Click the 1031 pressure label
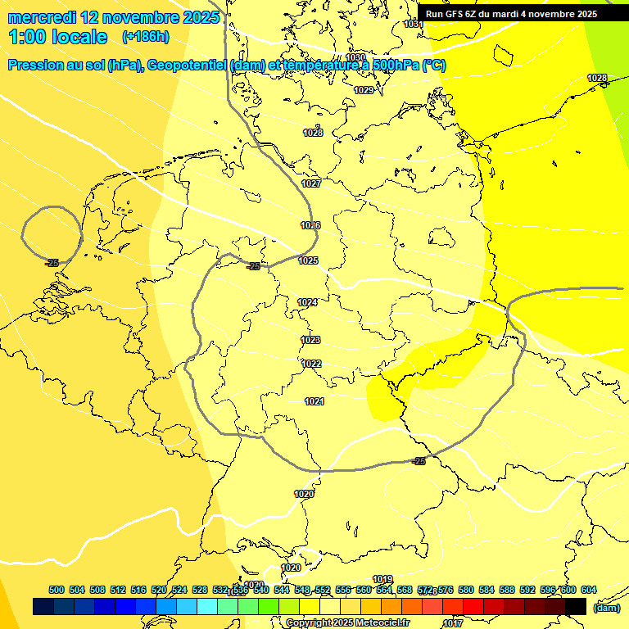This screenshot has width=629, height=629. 414,25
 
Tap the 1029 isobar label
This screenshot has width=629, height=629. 364,90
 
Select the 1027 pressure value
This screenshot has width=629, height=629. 311,183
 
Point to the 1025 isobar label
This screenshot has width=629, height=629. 308,260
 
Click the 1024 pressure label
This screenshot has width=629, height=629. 307,302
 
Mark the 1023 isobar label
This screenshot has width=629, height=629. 310,340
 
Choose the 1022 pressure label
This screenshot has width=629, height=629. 311,364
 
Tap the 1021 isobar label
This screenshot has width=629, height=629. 314,401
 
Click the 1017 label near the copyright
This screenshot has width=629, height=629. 452,623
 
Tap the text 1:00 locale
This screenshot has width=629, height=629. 58,37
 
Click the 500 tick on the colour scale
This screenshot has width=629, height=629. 57,590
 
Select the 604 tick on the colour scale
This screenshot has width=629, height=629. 589,590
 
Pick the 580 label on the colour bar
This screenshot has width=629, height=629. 466,590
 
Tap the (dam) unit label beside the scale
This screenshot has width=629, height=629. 607,607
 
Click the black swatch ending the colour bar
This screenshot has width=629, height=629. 576,606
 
